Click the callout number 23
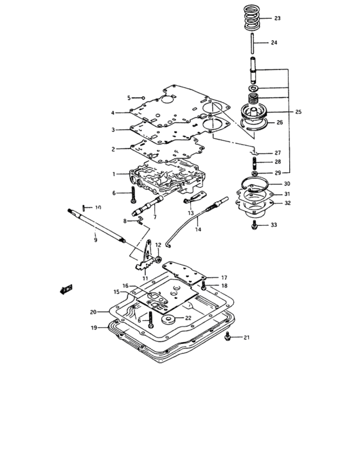(x=277, y=19)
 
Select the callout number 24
(x=274, y=43)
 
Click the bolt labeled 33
(x=255, y=225)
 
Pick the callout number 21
(x=246, y=337)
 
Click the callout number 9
(x=95, y=239)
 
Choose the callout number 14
(x=198, y=230)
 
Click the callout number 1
(x=114, y=174)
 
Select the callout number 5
(x=128, y=98)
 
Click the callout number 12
(x=158, y=245)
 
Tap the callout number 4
(x=113, y=113)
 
